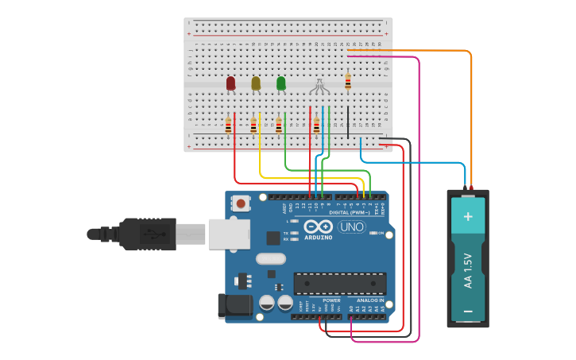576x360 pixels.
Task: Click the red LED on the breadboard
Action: point(230,83)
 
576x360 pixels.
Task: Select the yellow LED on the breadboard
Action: point(256,83)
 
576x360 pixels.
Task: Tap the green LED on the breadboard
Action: point(280,83)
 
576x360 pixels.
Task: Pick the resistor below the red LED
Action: point(228,126)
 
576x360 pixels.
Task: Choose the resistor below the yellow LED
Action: point(253,126)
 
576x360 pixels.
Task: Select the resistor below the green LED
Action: point(278,126)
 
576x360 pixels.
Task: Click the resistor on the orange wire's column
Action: point(347,81)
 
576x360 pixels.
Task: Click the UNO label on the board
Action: point(350,227)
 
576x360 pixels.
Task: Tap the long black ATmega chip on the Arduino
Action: point(340,284)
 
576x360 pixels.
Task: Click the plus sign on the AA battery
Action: point(468,216)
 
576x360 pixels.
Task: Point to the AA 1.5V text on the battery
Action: point(468,270)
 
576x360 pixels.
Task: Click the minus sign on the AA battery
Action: point(468,311)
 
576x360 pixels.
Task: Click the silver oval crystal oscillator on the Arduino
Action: point(270,258)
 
